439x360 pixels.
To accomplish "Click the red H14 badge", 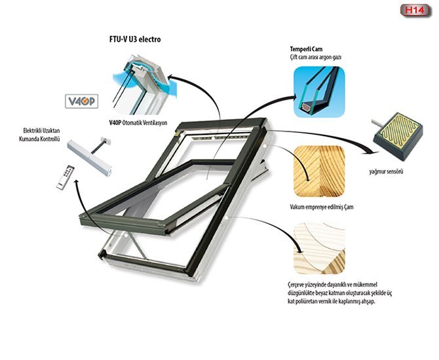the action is tap(415, 10).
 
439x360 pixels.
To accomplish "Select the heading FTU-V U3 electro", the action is tap(135, 39).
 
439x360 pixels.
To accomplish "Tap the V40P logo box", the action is tap(81, 101).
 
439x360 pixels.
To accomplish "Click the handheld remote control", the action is tap(66, 177).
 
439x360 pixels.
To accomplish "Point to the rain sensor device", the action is tap(398, 135).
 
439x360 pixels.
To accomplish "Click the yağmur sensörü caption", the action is tap(386, 171).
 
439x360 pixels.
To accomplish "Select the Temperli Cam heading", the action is tap(306, 49).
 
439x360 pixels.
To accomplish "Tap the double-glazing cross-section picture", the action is tap(319, 92).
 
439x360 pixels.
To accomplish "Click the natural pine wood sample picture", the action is tap(319, 171).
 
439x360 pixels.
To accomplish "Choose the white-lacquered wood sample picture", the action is tap(319, 248).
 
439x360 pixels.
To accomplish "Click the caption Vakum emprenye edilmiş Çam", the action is tap(322, 207).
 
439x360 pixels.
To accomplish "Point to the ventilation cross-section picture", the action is tap(144, 84).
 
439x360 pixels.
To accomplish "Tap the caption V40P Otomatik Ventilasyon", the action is tap(138, 123).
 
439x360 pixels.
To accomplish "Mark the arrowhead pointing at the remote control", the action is tap(75, 182).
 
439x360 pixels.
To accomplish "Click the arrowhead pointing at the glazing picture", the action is tap(294, 97).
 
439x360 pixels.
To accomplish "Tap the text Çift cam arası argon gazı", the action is tap(316, 58).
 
